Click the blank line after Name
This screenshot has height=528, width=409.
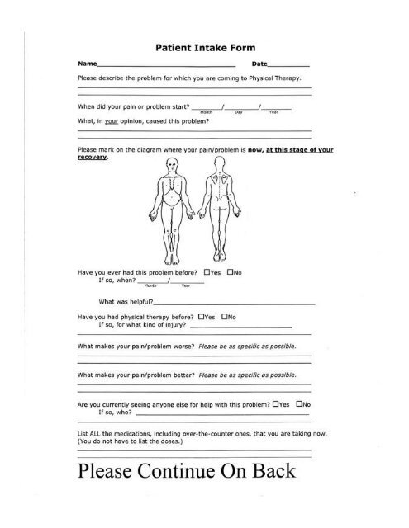click(165, 64)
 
